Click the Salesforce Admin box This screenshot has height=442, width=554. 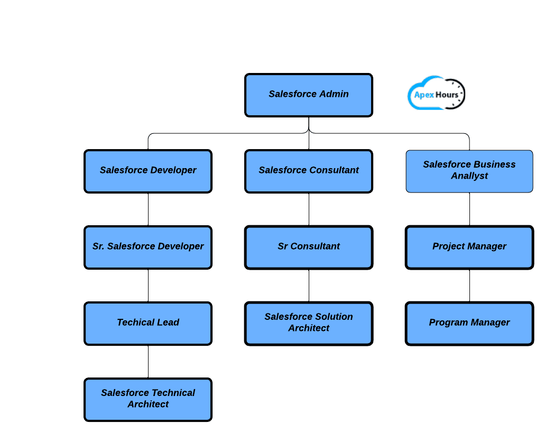309,95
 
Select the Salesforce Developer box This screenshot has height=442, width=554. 148,171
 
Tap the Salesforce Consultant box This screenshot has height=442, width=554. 309,171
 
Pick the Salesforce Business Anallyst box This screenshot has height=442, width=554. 469,171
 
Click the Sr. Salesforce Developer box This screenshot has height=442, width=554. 148,247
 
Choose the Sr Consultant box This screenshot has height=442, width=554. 309,247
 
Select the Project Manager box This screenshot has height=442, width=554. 469,247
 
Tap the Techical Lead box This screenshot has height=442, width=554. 148,324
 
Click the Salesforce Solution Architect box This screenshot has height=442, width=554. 309,324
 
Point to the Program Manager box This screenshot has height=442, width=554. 469,324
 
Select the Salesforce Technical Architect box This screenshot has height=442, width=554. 148,400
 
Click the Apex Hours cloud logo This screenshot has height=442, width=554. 436,94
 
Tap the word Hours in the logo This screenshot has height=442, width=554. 447,95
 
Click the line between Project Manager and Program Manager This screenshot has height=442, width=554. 469,286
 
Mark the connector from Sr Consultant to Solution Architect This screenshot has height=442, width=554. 309,286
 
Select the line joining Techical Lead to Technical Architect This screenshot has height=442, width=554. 148,362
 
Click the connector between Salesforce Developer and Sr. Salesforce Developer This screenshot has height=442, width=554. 148,209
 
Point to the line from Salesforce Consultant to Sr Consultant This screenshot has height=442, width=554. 309,209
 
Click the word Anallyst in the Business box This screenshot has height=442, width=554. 469,176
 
